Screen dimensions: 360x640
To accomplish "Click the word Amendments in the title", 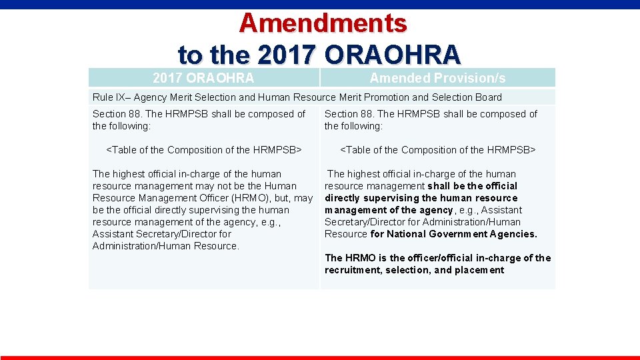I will pyautogui.click(x=323, y=23).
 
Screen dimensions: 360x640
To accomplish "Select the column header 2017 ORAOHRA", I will pyautogui.click(x=203, y=78).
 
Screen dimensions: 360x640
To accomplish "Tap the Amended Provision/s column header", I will pyautogui.click(x=437, y=78).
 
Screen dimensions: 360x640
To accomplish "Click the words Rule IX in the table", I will pyautogui.click(x=108, y=97).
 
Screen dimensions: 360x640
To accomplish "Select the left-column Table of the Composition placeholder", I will pyautogui.click(x=204, y=150).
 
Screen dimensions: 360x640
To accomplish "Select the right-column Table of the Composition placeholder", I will pyautogui.click(x=438, y=150).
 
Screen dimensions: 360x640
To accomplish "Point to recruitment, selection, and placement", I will pyautogui.click(x=414, y=270).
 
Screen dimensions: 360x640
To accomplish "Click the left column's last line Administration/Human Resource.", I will pyautogui.click(x=165, y=246).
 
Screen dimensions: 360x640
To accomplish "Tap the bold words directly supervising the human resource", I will pyautogui.click(x=421, y=198).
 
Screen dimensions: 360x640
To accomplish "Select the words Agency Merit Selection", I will pyautogui.click(x=187, y=97).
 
